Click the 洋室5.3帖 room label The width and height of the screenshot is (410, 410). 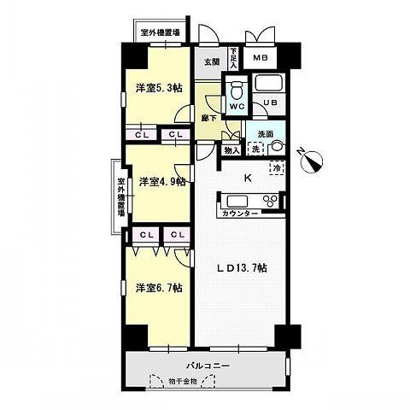coord(159,88)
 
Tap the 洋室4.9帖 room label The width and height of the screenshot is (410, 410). coord(162,181)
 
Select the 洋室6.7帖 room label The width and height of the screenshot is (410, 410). coord(159,288)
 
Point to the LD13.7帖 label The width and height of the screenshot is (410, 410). coord(242,268)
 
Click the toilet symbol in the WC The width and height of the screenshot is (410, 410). coord(237,90)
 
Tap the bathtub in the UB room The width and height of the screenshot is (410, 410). coord(269,83)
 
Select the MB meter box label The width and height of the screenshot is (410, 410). coord(261,58)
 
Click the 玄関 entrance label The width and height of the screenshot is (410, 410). coord(212,61)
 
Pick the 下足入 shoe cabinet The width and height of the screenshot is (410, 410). coord(233,58)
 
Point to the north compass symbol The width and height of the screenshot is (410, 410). coord(312,161)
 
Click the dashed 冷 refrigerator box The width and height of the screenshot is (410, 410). coord(277,168)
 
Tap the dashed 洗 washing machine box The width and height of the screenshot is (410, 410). coord(255,149)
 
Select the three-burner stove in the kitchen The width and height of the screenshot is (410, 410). coord(272,201)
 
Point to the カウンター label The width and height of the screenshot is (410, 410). coord(240,214)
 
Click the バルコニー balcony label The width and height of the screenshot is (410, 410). coord(208,366)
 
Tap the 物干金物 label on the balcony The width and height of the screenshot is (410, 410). coord(182,381)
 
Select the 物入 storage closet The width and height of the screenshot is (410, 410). coord(231,150)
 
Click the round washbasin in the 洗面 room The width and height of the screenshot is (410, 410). coord(277,148)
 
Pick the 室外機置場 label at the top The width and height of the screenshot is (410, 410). coord(161,32)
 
